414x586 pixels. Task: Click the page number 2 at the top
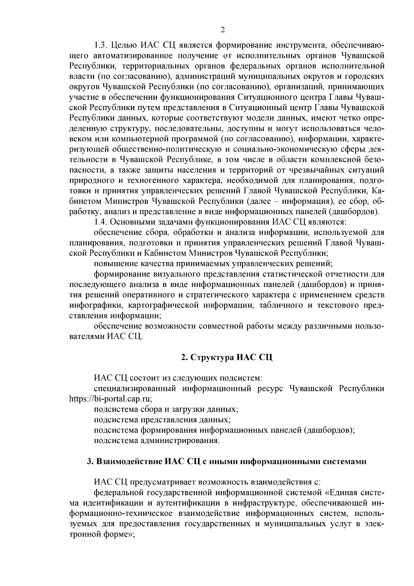click(x=223, y=30)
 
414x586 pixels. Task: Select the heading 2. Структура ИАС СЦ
click(x=227, y=357)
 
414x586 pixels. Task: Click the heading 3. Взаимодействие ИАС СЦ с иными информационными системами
click(x=226, y=461)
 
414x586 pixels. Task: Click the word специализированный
click(x=135, y=388)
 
